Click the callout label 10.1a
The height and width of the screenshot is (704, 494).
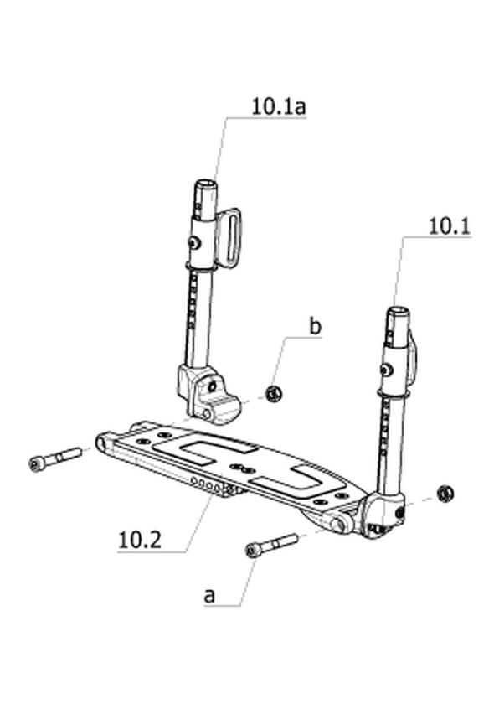278,107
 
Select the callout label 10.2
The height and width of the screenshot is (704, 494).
140,539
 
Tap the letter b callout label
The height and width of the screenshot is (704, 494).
316,326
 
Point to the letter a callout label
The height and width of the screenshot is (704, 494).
209,596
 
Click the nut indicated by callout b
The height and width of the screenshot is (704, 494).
273,394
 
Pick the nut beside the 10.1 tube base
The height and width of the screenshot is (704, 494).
445,494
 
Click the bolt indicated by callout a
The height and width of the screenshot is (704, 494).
271,545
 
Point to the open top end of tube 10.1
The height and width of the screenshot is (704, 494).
398,311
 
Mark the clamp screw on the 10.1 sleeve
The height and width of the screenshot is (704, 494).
386,369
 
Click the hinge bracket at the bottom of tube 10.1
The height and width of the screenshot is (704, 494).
383,515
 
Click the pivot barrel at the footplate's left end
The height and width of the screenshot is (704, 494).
104,442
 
